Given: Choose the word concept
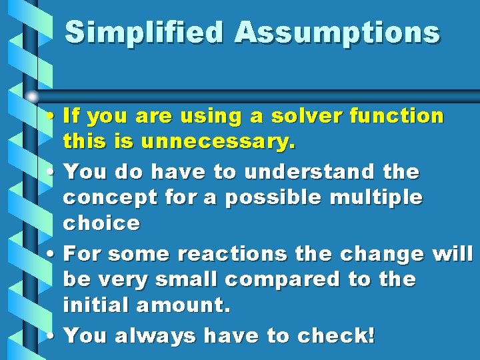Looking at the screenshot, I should [x=108, y=198].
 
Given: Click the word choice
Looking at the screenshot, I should [x=101, y=224].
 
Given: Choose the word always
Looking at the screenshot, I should [x=157, y=335].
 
